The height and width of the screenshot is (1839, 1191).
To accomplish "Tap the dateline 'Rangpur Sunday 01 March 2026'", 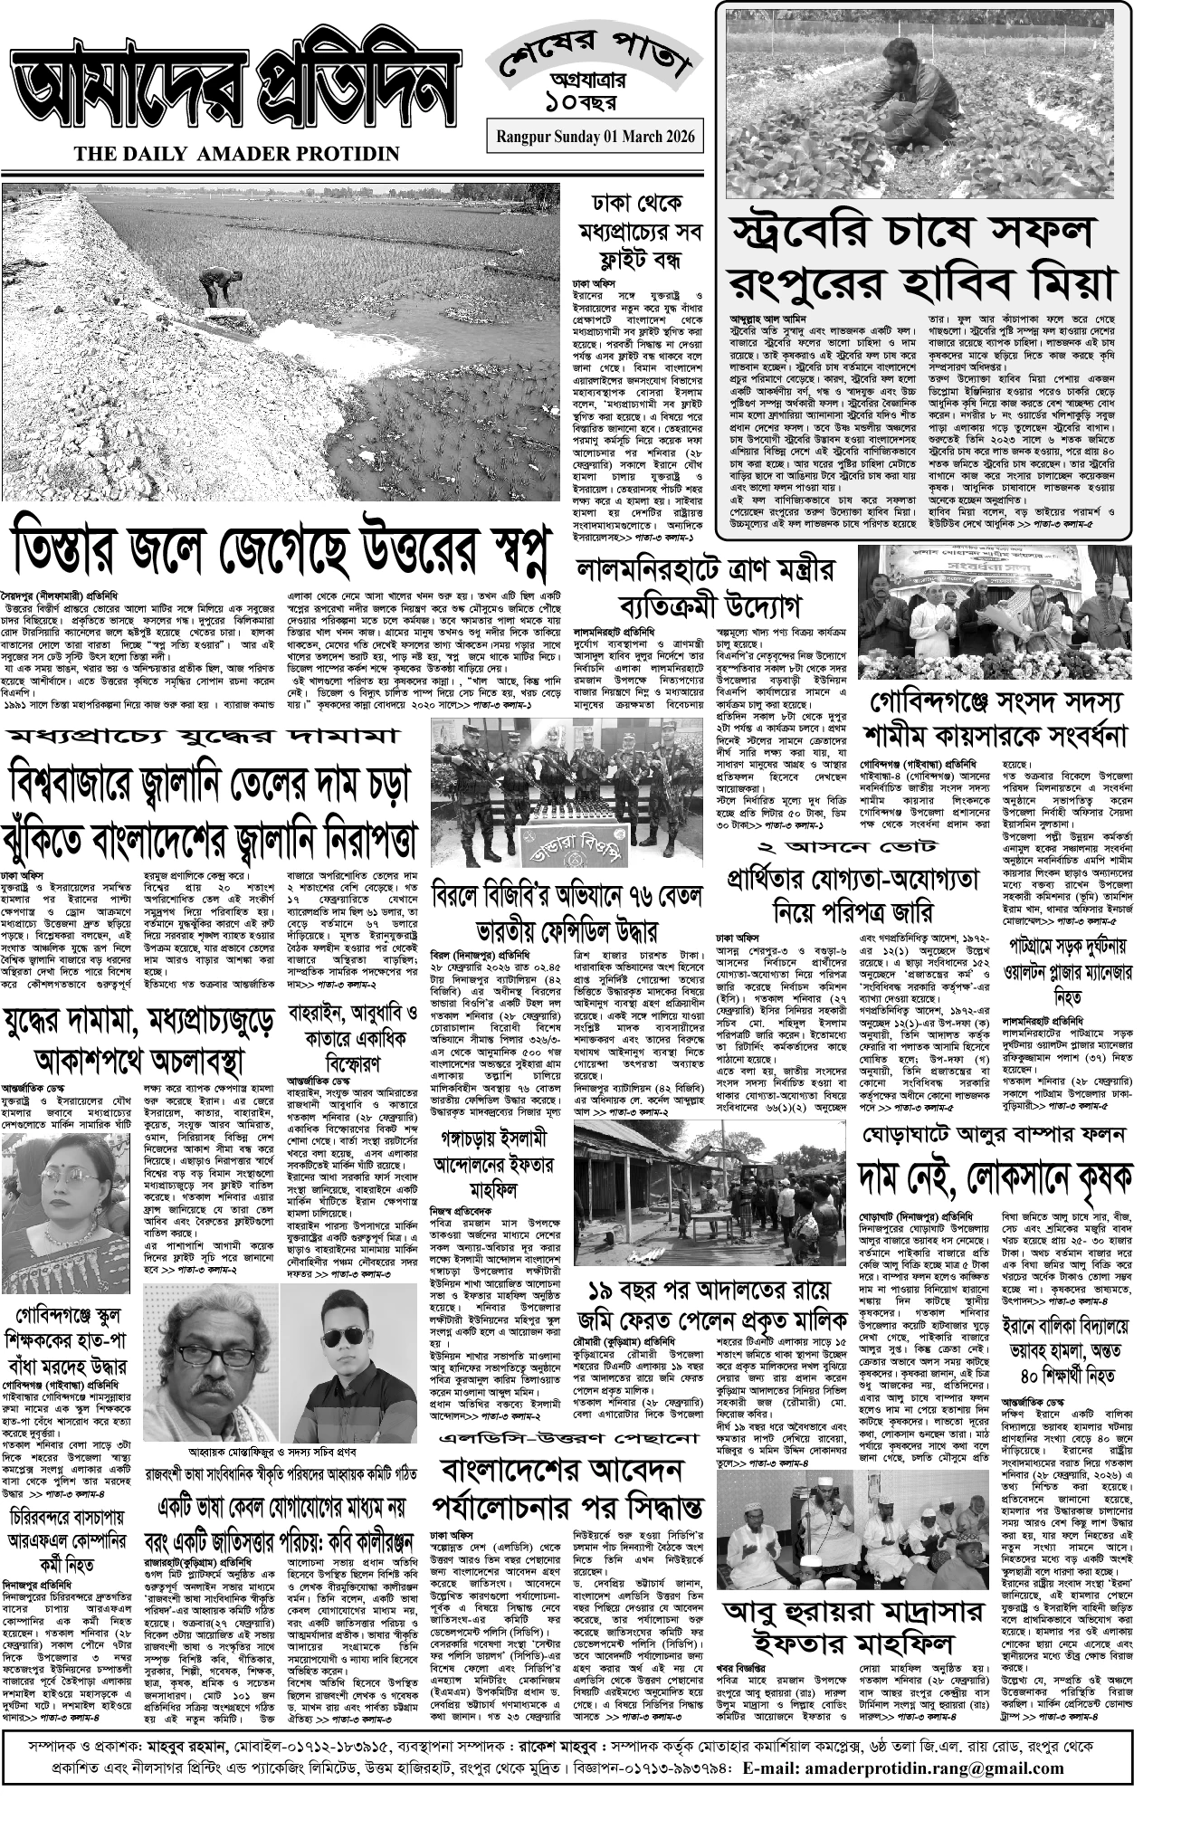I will (595, 137).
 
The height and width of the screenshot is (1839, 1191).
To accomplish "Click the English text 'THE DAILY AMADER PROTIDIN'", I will (237, 155).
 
